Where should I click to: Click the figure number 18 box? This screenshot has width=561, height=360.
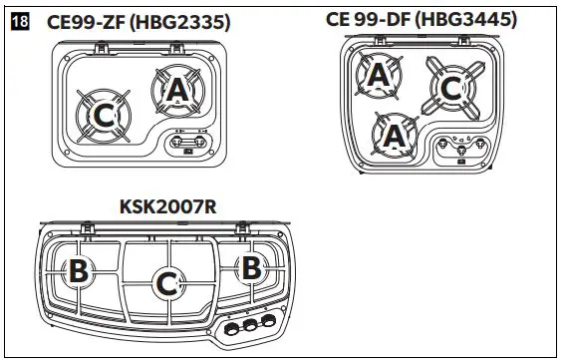click(x=18, y=22)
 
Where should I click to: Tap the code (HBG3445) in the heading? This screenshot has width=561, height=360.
click(x=466, y=19)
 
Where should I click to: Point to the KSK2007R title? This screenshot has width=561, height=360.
click(x=167, y=206)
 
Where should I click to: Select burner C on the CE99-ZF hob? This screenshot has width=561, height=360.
click(x=103, y=117)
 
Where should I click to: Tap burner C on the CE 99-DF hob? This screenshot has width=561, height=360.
click(x=450, y=89)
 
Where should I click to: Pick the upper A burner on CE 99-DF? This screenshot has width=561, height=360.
click(x=379, y=75)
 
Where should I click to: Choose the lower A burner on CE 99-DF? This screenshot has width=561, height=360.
click(x=394, y=133)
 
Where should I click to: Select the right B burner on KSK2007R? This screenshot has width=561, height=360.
click(x=250, y=268)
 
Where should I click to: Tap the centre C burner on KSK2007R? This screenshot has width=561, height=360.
click(x=166, y=284)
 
